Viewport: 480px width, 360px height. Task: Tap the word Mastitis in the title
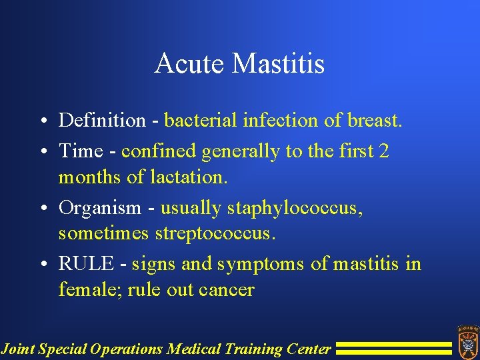[278, 64]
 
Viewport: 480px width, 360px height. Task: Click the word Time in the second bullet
[79, 151]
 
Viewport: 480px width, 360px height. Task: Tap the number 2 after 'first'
[383, 151]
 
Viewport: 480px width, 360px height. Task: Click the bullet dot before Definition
[43, 121]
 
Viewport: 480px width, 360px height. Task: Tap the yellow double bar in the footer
[393, 348]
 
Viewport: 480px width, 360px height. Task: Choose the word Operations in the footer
[129, 349]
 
